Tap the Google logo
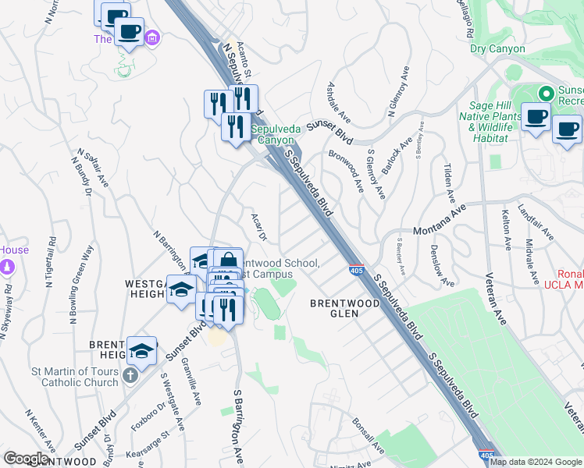[x=27, y=459]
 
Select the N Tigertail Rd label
[x=53, y=266]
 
